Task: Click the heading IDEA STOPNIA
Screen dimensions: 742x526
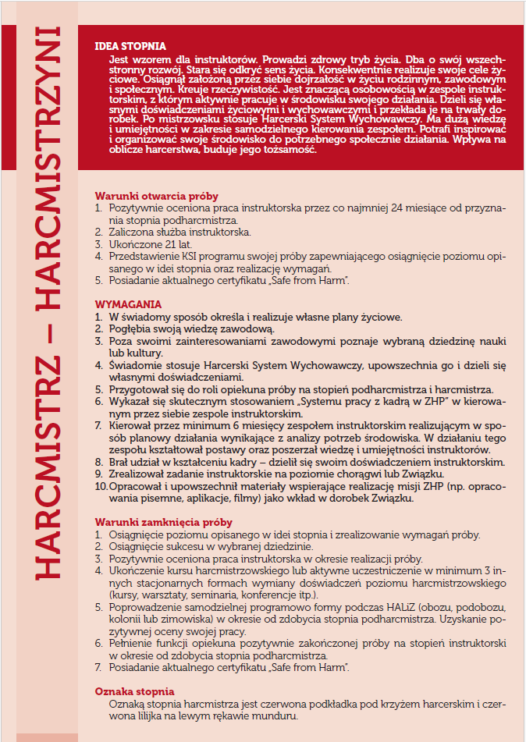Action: (x=130, y=46)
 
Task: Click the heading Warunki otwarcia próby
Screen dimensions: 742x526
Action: (x=156, y=196)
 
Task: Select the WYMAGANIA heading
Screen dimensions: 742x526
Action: (x=128, y=304)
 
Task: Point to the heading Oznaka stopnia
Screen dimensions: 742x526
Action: (x=134, y=691)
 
